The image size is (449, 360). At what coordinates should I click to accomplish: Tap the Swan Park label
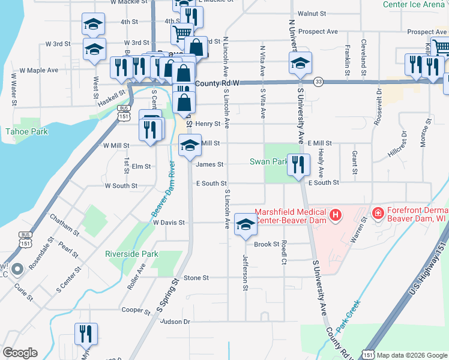pos(268,162)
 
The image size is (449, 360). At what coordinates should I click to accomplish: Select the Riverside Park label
pos(131,254)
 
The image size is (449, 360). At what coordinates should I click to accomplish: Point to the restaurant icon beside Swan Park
pos(298,164)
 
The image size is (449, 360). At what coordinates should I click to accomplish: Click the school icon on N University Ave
pos(301,62)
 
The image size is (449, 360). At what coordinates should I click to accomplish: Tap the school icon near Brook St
pos(245,224)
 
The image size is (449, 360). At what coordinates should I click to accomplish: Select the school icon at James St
pos(190,145)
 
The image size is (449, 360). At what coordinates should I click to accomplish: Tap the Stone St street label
pos(196,278)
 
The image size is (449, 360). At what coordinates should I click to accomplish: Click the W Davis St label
pos(169,222)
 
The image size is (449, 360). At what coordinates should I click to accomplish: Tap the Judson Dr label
pos(175,322)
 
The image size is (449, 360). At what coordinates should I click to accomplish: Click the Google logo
pos(20,353)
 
